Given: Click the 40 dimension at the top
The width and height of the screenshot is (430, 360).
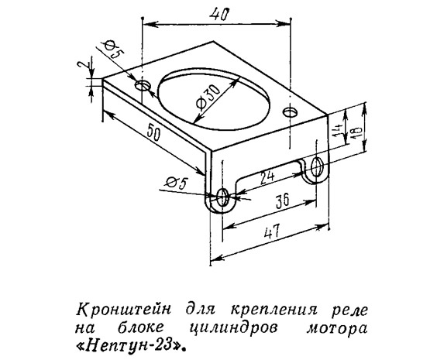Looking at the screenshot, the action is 218,15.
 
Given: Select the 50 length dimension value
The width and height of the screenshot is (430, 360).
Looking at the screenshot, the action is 153,132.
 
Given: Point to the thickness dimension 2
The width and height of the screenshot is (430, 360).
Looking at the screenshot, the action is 81,67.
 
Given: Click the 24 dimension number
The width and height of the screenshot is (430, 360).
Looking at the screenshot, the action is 267,176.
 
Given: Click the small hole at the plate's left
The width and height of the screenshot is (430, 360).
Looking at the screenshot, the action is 143,86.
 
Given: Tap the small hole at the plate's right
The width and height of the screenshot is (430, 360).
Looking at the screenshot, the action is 291,112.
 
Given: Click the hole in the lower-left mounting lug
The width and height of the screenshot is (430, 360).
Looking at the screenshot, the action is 222,197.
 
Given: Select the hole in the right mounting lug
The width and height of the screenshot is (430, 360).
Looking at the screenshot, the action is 317,166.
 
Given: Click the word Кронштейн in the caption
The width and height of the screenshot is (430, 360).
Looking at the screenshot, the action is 123,310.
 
